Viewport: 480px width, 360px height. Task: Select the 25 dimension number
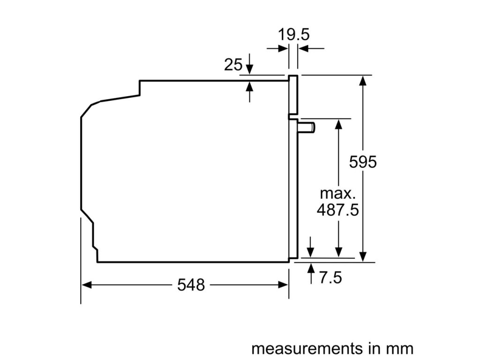click(x=233, y=65)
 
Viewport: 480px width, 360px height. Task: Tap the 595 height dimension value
click(x=363, y=162)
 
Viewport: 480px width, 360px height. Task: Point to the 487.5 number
click(x=337, y=210)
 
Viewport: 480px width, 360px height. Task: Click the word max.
click(x=338, y=193)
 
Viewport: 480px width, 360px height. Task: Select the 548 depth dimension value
click(x=191, y=285)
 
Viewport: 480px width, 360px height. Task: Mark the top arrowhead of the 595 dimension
click(x=363, y=80)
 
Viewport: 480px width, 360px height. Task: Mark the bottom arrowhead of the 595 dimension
click(x=363, y=256)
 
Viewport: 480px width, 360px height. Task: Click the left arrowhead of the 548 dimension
click(x=86, y=285)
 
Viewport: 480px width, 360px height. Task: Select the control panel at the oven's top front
click(x=293, y=95)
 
